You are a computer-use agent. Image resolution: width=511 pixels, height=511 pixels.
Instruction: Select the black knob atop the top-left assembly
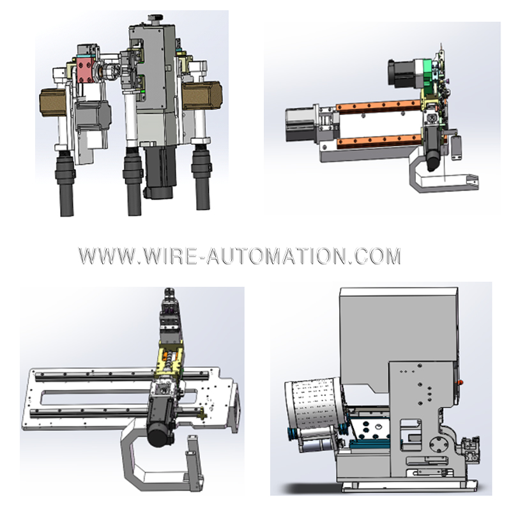(x=155, y=19)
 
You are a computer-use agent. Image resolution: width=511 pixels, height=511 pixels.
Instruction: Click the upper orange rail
(x=378, y=105)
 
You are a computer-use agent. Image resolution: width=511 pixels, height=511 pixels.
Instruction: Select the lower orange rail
(x=379, y=141)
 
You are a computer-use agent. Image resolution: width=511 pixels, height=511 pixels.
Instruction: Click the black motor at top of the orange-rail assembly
(x=404, y=73)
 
